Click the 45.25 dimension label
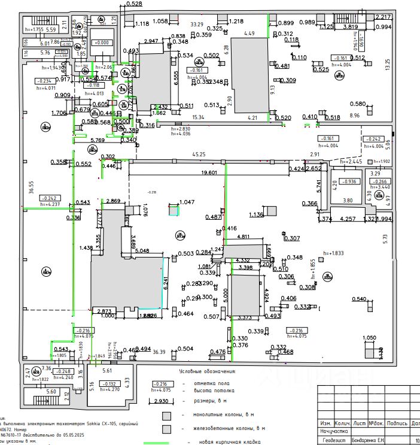(x=199, y=155)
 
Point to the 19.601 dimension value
(x=209, y=172)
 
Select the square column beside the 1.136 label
(x=272, y=210)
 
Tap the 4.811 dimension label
(x=243, y=237)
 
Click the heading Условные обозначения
(x=207, y=371)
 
